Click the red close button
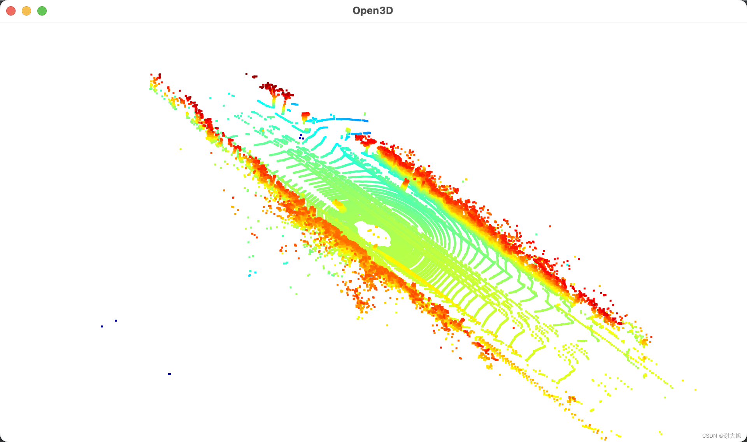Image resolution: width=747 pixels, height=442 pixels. (11, 11)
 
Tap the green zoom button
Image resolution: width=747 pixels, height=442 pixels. (42, 11)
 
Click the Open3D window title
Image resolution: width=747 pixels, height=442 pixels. (373, 11)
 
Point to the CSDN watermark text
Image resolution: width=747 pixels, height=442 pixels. (721, 436)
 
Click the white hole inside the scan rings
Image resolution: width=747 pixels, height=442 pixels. (373, 233)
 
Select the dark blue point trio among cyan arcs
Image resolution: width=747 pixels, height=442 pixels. (301, 137)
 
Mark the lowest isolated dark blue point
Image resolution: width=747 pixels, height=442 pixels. (169, 374)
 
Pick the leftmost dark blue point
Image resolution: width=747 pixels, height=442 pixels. (102, 326)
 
